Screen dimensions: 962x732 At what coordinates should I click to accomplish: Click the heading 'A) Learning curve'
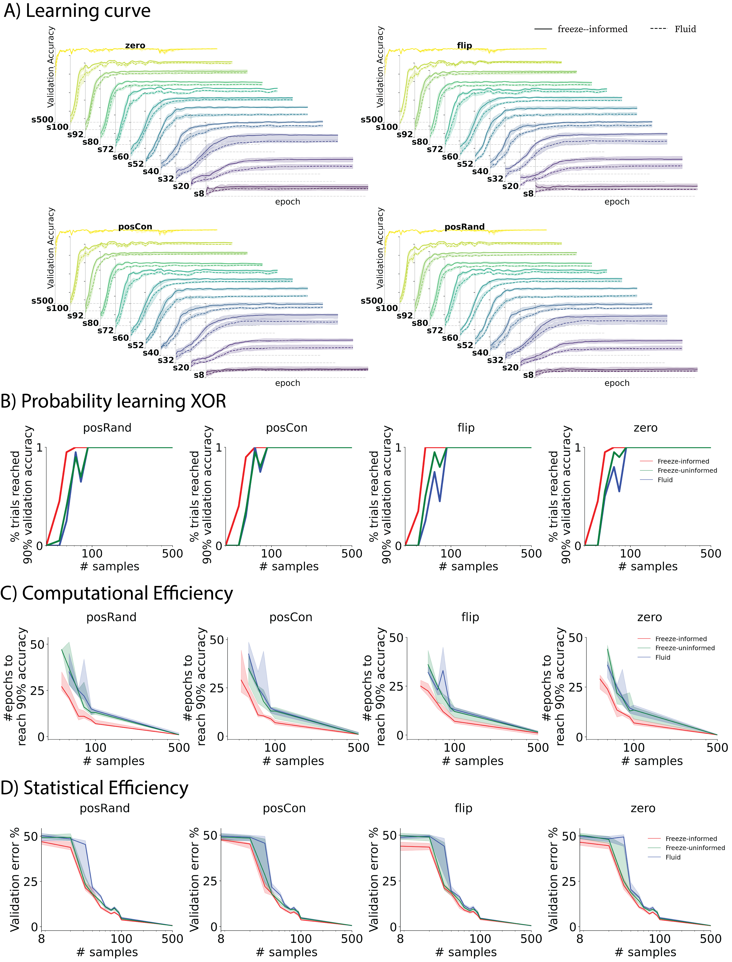[77, 11]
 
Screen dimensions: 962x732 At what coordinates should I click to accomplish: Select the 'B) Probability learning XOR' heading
[113, 401]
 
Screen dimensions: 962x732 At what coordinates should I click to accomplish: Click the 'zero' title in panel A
[135, 45]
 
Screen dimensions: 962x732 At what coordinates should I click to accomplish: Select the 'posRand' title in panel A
[465, 227]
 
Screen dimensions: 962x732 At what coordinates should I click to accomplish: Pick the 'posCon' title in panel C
[291, 617]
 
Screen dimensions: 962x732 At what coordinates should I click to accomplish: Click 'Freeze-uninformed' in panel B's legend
[687, 470]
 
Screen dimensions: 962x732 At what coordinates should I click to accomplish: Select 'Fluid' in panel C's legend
[663, 657]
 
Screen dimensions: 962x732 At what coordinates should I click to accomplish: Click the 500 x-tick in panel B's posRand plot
[172, 554]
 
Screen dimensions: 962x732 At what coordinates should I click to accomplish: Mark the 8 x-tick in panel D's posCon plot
[221, 938]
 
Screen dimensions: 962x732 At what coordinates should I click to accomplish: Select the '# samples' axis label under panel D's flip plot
[466, 952]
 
